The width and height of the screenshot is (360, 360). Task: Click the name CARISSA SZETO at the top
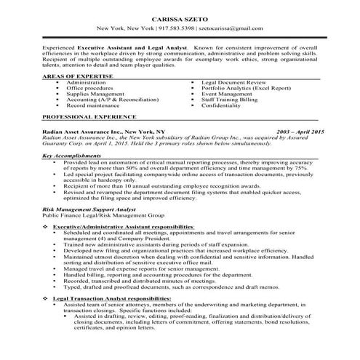180,17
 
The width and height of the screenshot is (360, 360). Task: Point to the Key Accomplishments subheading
71,156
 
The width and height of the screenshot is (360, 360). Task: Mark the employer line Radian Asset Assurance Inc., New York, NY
94,131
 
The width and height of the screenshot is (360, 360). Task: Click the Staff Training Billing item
230,99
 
